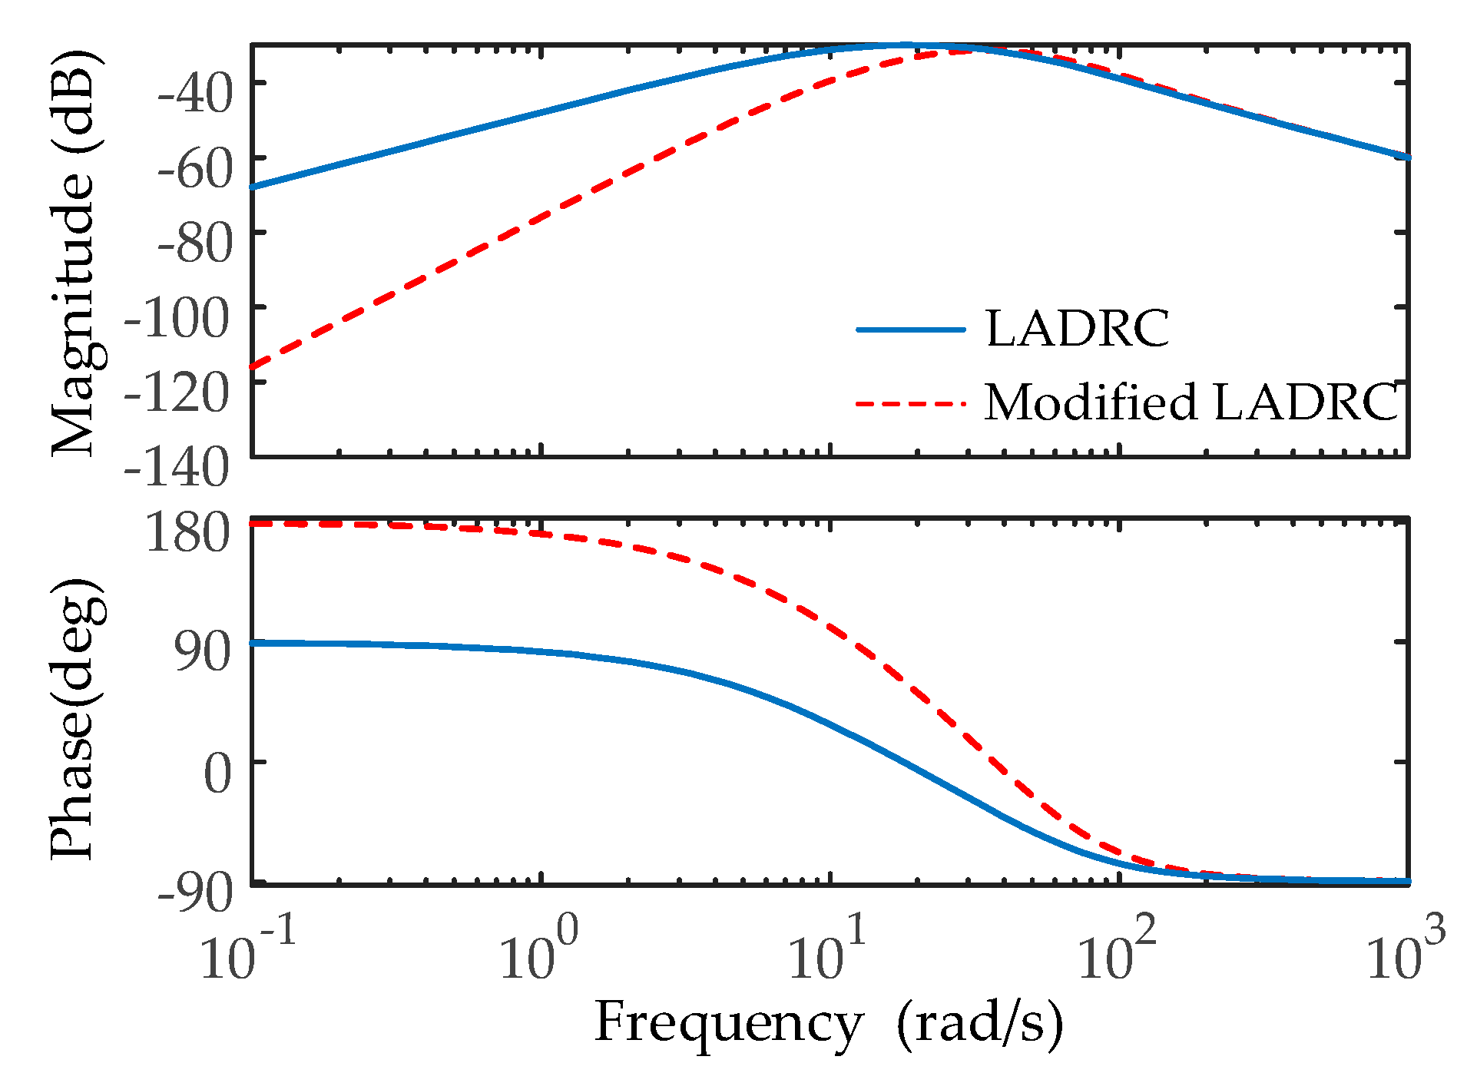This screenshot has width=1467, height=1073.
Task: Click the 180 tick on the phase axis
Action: coord(187,532)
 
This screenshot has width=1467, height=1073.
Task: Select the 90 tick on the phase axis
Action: coord(202,653)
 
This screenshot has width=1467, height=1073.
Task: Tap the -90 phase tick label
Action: coord(194,894)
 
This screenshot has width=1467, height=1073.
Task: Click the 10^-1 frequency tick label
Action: coord(247,952)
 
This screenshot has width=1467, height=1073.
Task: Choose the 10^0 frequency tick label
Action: coord(538,952)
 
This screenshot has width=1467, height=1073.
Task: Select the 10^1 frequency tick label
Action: coord(827,952)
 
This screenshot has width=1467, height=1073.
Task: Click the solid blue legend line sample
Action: coord(910,330)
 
